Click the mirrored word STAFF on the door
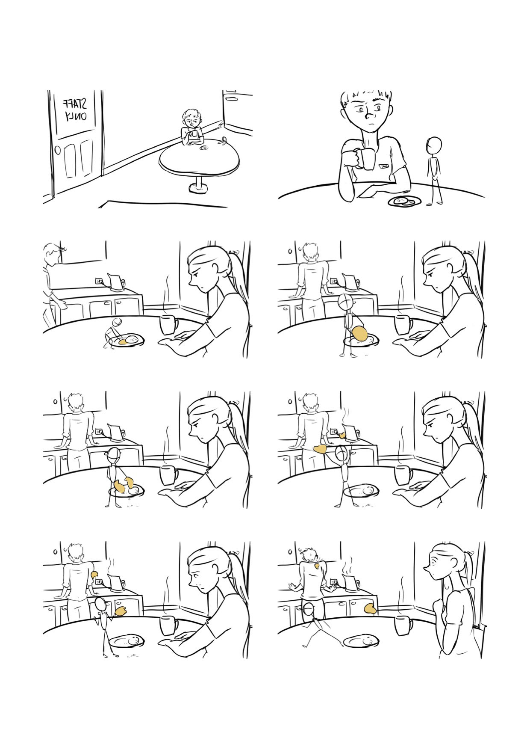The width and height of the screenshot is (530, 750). click(x=76, y=104)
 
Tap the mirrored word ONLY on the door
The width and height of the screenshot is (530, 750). click(x=76, y=116)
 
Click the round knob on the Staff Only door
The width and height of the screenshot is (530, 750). click(x=58, y=151)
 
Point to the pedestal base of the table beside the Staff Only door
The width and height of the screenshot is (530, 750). click(x=197, y=189)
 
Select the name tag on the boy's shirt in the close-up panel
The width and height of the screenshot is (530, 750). click(x=384, y=165)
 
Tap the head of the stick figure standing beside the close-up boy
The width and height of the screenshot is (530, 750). click(x=435, y=145)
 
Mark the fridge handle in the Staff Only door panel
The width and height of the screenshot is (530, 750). click(x=231, y=99)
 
